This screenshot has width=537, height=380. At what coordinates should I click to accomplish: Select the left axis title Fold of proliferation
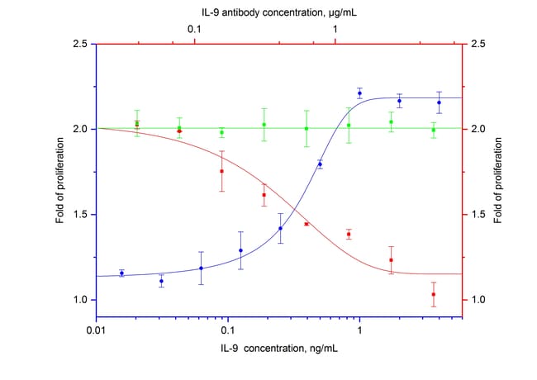point(60,172)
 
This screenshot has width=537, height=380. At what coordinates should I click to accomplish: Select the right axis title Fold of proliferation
point(498,172)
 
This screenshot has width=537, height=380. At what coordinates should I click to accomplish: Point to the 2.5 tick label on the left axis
point(80,44)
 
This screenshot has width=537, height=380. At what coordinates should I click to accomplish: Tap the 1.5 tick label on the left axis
point(80,215)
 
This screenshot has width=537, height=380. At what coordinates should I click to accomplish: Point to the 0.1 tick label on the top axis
point(195,29)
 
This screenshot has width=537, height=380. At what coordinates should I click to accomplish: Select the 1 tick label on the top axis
point(335,29)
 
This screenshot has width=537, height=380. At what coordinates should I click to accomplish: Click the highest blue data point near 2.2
point(359,93)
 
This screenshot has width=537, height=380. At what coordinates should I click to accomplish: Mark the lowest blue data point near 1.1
point(161,281)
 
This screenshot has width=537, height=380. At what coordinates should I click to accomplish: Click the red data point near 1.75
point(221,172)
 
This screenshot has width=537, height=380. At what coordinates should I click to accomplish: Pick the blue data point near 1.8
point(320,164)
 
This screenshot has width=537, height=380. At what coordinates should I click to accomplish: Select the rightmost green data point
point(433,130)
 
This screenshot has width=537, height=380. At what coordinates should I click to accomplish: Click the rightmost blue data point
point(439,102)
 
